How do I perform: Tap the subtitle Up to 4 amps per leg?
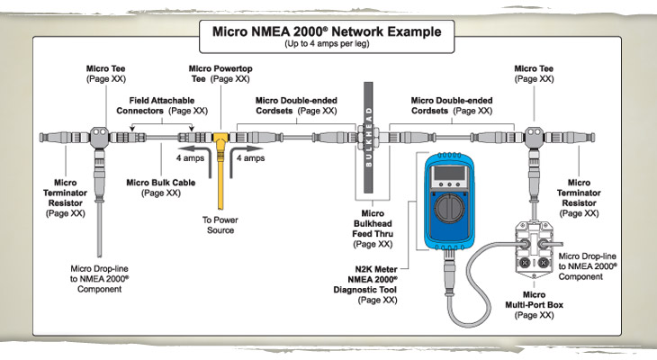point(327,44)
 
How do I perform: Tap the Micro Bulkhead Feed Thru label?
point(373,230)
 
